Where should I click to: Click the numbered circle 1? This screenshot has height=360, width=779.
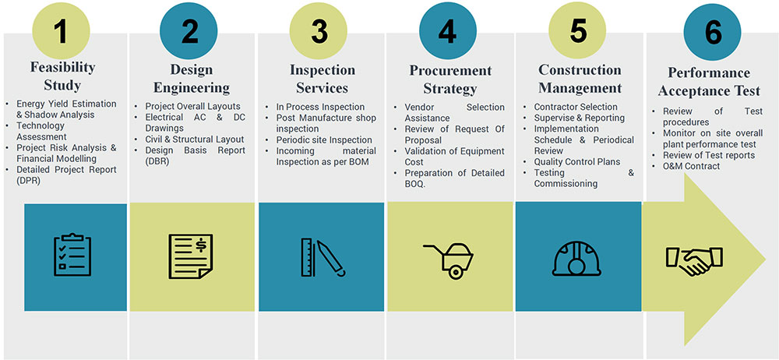click(x=61, y=31)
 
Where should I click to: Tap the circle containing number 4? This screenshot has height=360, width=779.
click(x=448, y=31)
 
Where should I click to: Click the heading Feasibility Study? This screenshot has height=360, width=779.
click(x=62, y=76)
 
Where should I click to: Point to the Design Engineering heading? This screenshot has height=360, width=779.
click(x=192, y=79)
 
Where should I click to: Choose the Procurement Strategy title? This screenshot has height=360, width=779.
click(x=450, y=79)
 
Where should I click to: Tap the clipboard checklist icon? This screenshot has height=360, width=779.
click(x=72, y=254)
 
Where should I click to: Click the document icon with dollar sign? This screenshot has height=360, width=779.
click(x=191, y=256)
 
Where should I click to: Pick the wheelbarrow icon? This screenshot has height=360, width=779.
click(x=448, y=260)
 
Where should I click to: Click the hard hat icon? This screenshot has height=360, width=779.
click(x=576, y=258)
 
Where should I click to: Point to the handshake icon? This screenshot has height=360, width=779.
click(x=694, y=259)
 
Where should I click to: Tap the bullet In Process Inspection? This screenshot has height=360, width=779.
click(x=320, y=107)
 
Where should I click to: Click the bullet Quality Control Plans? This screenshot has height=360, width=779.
click(x=577, y=161)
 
